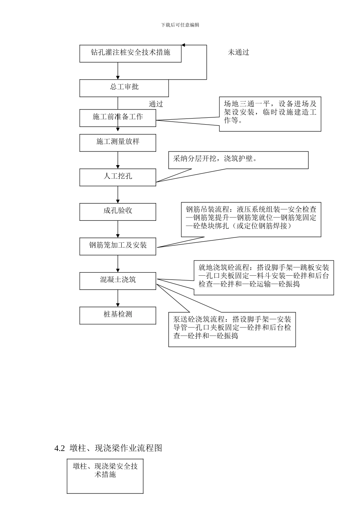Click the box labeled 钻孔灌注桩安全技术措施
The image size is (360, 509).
pyautogui.click(x=130, y=53)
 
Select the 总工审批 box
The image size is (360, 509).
pyautogui.click(x=124, y=88)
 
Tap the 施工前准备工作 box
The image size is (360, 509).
pyautogui.click(x=117, y=118)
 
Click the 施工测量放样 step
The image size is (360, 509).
pyautogui.click(x=117, y=143)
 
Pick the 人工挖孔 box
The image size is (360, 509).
pyautogui.click(x=117, y=177)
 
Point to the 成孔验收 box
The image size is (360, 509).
pyautogui.click(x=117, y=212)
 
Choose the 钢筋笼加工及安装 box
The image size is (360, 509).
pyautogui.click(x=117, y=246)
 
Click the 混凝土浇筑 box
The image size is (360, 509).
pyautogui.click(x=117, y=281)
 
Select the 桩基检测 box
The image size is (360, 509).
pyautogui.click(x=117, y=315)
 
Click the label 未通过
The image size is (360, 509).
pyautogui.click(x=238, y=53)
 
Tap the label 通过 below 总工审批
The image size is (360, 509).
pyautogui.click(x=156, y=104)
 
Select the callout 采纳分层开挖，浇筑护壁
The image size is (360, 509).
pyautogui.click(x=238, y=160)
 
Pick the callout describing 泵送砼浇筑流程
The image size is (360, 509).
pyautogui.click(x=232, y=329)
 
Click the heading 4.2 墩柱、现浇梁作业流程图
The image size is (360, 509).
pyautogui.click(x=108, y=448)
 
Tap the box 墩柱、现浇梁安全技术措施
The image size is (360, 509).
pyautogui.click(x=105, y=476)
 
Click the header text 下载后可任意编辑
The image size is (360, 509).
pyautogui.click(x=180, y=25)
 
